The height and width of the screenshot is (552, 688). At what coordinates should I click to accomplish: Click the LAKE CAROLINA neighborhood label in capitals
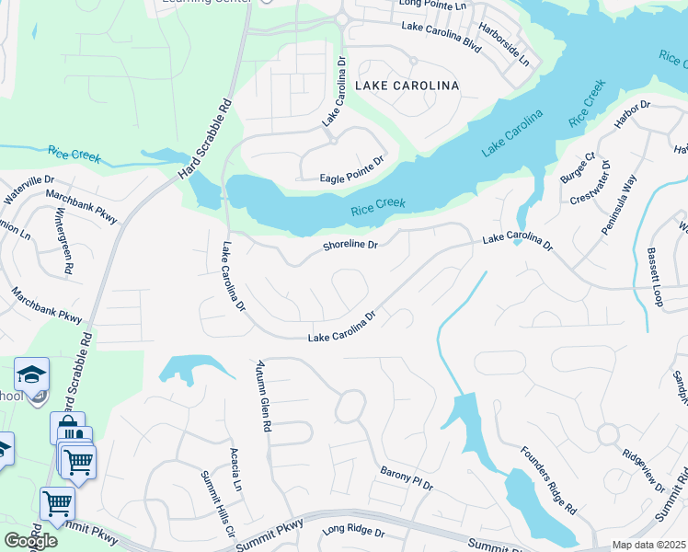click(402, 86)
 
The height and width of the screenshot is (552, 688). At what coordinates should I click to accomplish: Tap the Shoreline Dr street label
click(350, 246)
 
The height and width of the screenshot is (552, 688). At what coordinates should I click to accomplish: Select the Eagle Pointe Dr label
click(351, 178)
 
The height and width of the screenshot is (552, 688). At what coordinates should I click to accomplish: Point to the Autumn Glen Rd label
click(265, 397)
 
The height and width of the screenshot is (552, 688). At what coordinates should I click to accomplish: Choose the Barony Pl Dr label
click(406, 477)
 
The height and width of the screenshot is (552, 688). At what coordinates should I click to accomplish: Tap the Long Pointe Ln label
click(433, 5)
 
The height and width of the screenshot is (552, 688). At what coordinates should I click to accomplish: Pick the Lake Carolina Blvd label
click(441, 26)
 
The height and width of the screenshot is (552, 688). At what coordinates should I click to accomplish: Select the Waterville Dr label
click(29, 188)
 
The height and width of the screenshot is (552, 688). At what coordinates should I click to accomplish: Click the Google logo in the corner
click(29, 540)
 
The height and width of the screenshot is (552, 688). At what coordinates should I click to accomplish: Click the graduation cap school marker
click(31, 375)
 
